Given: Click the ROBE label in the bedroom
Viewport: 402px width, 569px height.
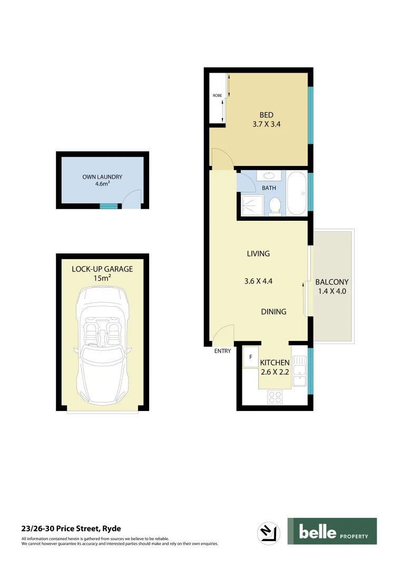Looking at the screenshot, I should click(217, 95).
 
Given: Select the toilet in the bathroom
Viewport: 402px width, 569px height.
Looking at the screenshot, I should click(274, 205).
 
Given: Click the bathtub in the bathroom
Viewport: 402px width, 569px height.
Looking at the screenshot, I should click(296, 193).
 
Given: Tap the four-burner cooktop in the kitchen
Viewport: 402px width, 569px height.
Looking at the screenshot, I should click(274, 396).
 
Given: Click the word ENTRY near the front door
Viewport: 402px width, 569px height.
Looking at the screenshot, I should click(222, 351).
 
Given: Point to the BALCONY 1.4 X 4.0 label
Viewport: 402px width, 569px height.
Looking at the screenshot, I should click(332, 286).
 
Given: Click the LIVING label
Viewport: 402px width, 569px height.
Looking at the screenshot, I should click(258, 254).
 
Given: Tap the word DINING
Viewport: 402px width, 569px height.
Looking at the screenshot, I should click(273, 311).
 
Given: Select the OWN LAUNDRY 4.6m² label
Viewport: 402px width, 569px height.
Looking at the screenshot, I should click(102, 180).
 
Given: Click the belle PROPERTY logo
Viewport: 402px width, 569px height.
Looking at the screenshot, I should click(332, 531).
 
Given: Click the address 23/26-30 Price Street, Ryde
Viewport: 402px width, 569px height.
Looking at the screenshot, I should click(67, 528).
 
